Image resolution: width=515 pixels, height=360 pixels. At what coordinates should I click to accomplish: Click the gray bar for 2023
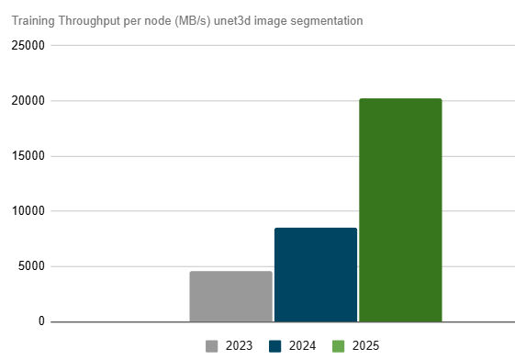click(x=230, y=297)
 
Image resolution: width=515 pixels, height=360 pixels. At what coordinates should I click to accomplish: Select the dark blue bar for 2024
click(x=315, y=275)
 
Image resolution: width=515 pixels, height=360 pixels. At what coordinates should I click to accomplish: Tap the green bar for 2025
click(x=400, y=210)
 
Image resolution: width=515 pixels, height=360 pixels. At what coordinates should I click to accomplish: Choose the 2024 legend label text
click(x=302, y=346)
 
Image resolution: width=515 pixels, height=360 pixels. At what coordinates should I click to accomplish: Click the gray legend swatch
click(x=212, y=346)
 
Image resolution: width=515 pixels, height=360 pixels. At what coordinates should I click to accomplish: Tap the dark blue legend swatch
click(x=274, y=346)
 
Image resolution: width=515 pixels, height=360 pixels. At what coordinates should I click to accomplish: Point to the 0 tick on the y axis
click(x=40, y=321)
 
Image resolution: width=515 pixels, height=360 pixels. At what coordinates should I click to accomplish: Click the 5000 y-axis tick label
click(x=29, y=266)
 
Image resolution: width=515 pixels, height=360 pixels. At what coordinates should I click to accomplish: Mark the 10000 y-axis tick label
click(x=27, y=211)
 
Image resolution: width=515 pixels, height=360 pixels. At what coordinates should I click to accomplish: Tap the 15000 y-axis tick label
click(x=27, y=156)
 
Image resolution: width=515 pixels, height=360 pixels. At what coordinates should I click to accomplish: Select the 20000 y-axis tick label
click(x=27, y=101)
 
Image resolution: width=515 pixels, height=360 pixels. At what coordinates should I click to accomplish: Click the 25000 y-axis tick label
click(x=27, y=46)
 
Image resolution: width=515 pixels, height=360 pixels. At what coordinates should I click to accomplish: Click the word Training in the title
click(x=32, y=19)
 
